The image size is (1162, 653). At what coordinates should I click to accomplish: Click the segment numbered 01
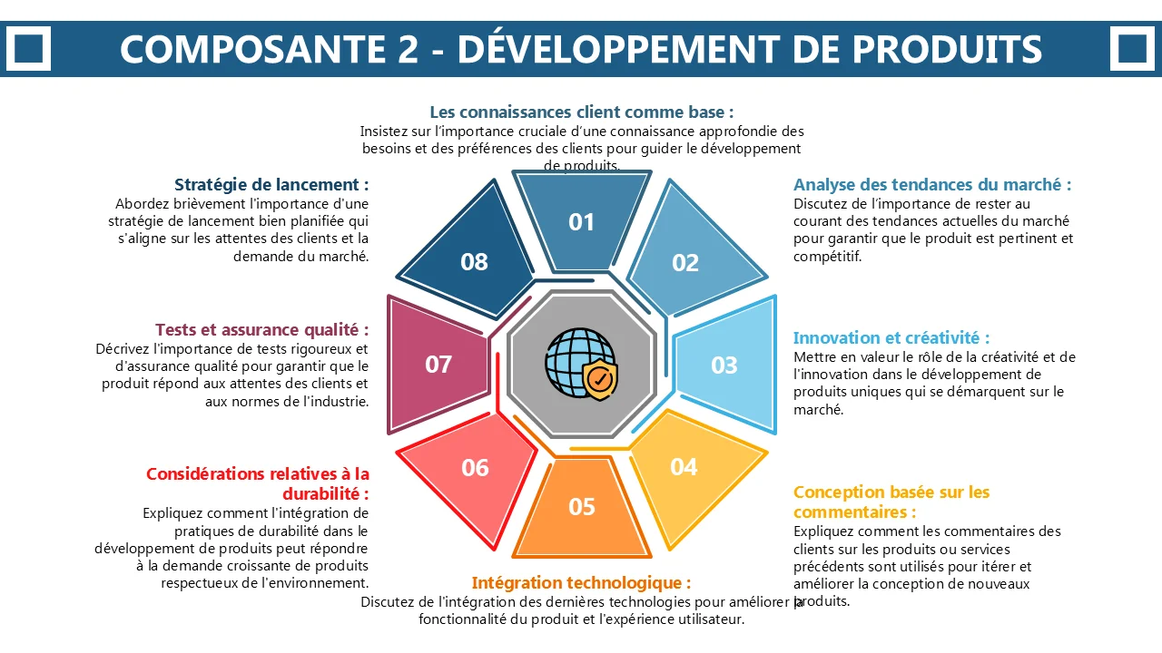point(582,221)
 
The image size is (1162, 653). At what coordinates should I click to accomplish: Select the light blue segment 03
point(726,365)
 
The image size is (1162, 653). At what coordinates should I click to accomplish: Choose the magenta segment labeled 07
point(438,365)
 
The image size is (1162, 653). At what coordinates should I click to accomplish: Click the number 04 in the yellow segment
point(684,467)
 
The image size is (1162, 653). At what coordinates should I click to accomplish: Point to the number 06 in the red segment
point(475,468)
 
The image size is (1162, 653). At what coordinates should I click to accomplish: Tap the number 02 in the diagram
point(685,263)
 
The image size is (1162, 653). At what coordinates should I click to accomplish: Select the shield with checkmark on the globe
point(600,379)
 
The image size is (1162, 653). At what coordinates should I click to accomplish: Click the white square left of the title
point(28,49)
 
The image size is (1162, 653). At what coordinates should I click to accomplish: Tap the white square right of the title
point(1132,49)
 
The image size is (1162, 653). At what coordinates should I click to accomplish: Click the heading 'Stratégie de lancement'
point(271,184)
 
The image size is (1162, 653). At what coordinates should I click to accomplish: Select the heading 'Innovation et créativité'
point(891,338)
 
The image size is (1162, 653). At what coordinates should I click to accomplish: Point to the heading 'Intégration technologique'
point(581,583)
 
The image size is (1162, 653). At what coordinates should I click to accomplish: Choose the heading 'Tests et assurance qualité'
point(262,329)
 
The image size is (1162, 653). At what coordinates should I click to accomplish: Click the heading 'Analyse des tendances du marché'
point(932,184)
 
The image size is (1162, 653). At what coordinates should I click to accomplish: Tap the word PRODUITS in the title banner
point(947,49)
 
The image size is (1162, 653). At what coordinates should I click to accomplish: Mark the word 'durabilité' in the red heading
point(321,494)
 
